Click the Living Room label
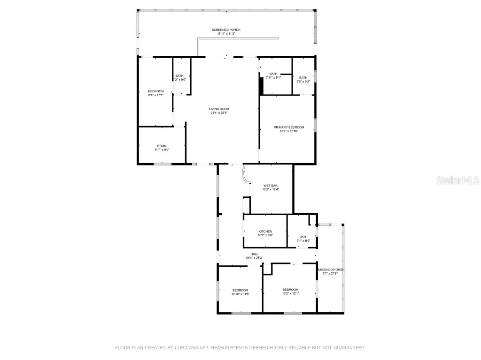[219, 109]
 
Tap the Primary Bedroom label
[289, 127]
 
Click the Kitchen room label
[265, 232]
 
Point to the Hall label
[254, 254]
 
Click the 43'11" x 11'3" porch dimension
[226, 34]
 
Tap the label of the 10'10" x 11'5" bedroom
[240, 290]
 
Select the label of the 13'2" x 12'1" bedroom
[290, 290]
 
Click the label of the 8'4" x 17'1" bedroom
[155, 91]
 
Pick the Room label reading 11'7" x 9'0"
[162, 146]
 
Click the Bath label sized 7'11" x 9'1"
[273, 74]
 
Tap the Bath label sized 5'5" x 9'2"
[303, 78]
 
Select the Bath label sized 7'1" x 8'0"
[303, 237]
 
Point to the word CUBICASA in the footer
[186, 348]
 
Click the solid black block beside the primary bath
[261, 86]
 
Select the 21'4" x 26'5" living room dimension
[219, 112]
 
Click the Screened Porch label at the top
[226, 30]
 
